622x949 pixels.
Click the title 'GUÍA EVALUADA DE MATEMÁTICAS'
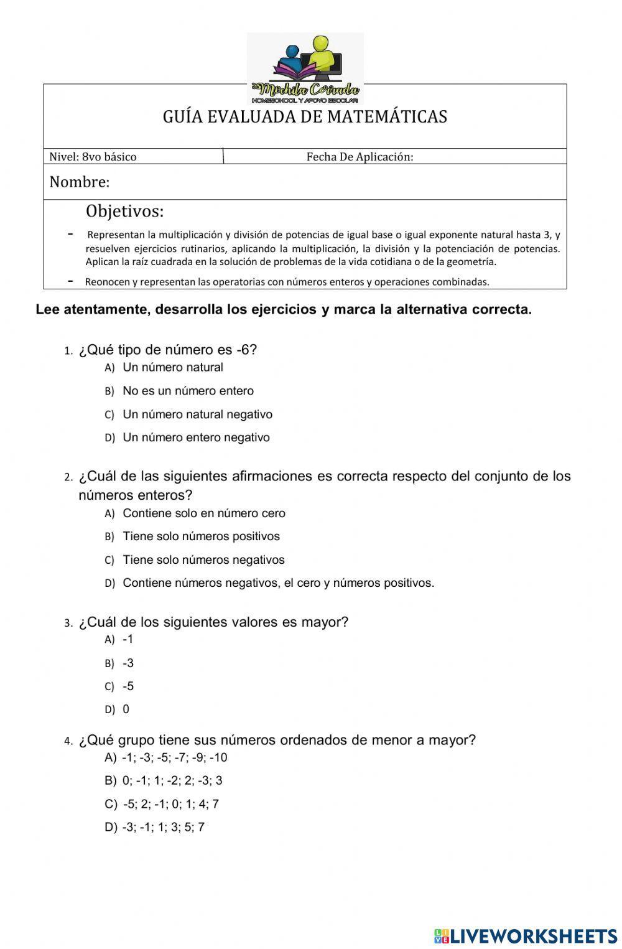click(x=305, y=117)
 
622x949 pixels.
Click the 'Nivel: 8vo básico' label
click(x=93, y=157)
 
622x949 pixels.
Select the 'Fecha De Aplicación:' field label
click(x=360, y=157)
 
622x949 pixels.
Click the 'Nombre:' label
click(x=80, y=182)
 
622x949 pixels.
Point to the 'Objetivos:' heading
click(x=125, y=212)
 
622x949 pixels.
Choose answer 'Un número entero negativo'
click(x=196, y=437)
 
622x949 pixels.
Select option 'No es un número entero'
click(x=188, y=391)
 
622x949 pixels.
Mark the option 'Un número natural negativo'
click(x=197, y=414)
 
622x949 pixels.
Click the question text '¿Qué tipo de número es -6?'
click(x=167, y=350)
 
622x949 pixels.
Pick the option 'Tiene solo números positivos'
click(x=201, y=536)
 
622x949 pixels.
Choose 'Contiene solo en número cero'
click(x=204, y=513)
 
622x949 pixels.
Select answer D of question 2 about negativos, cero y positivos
click(x=278, y=583)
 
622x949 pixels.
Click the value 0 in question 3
click(x=126, y=709)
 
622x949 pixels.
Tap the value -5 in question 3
click(x=128, y=686)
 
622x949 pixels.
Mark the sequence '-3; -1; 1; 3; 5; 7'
click(x=164, y=827)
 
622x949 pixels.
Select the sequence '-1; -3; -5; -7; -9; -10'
click(x=175, y=757)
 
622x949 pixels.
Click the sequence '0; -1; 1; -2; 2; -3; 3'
click(x=172, y=780)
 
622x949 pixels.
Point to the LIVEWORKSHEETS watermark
click(x=526, y=935)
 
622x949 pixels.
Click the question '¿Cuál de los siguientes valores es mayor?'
click(x=213, y=622)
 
